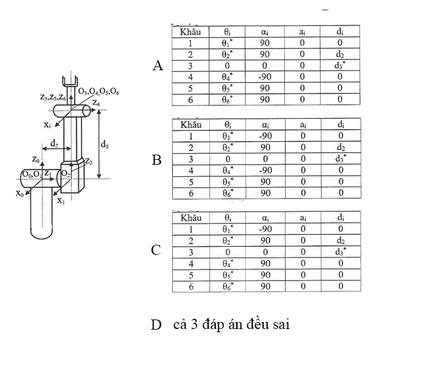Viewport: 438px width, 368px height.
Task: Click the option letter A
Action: (158, 66)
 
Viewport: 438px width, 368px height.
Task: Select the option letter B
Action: (157, 160)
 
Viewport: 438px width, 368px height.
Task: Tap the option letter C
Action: (156, 250)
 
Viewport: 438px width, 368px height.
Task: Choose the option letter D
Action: (156, 325)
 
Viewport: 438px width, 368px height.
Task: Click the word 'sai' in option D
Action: (280, 325)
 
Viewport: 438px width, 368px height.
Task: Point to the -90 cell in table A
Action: (264, 77)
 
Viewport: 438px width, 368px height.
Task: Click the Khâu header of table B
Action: (191, 125)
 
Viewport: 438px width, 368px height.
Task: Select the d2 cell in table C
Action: (341, 241)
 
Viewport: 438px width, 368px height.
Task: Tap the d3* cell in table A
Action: (339, 66)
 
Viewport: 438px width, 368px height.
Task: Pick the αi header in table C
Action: (265, 217)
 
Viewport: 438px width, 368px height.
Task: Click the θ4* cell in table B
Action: (228, 170)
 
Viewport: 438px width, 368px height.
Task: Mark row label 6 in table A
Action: (191, 100)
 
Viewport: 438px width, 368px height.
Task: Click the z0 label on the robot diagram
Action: (36, 160)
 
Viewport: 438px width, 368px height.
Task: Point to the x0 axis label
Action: (20, 193)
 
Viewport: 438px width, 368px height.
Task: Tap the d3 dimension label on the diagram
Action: (104, 144)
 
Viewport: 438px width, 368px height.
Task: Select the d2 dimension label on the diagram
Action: (54, 143)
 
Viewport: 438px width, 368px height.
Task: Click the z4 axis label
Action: (96, 103)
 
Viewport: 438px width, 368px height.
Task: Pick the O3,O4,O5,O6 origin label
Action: (99, 91)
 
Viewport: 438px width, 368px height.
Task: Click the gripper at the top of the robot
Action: (70, 81)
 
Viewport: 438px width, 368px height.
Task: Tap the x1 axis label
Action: (61, 201)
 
